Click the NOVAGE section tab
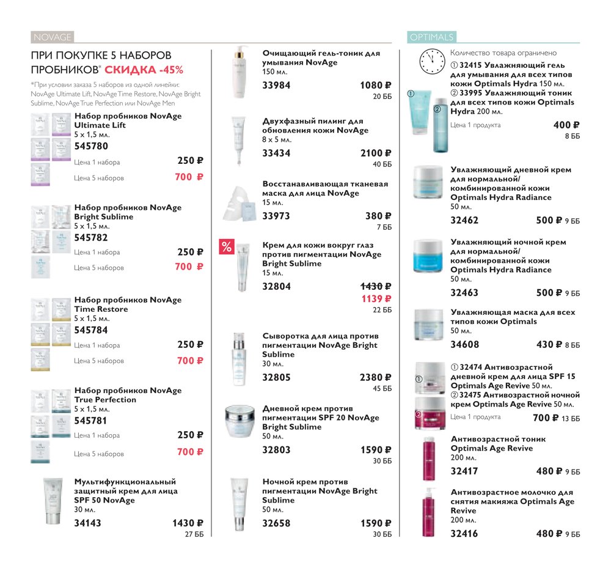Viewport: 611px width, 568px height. pyautogui.click(x=52, y=37)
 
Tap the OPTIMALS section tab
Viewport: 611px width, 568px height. pyautogui.click(x=432, y=37)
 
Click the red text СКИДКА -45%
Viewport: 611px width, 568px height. pyautogui.click(x=144, y=70)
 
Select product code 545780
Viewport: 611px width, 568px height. pyautogui.click(x=91, y=146)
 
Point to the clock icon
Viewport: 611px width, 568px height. pyautogui.click(x=432, y=62)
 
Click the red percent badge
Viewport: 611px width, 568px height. pyautogui.click(x=227, y=246)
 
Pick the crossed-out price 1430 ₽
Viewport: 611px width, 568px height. pyautogui.click(x=376, y=287)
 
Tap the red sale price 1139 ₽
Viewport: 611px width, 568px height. pyautogui.click(x=376, y=299)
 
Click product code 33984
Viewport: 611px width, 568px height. pyautogui.click(x=276, y=86)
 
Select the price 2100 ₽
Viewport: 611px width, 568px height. pyautogui.click(x=376, y=153)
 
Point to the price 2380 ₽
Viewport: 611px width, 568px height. pyautogui.click(x=376, y=377)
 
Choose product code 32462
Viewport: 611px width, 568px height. pyautogui.click(x=464, y=220)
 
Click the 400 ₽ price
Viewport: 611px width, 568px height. pyautogui.click(x=566, y=125)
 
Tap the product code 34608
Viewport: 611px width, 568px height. pyautogui.click(x=464, y=345)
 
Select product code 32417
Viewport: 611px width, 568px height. pyautogui.click(x=464, y=471)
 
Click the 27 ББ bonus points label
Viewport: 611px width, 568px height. pyautogui.click(x=194, y=534)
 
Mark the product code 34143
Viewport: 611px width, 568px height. pyautogui.click(x=87, y=523)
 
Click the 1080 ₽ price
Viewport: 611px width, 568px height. pyautogui.click(x=376, y=86)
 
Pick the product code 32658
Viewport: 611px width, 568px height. pyautogui.click(x=276, y=523)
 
